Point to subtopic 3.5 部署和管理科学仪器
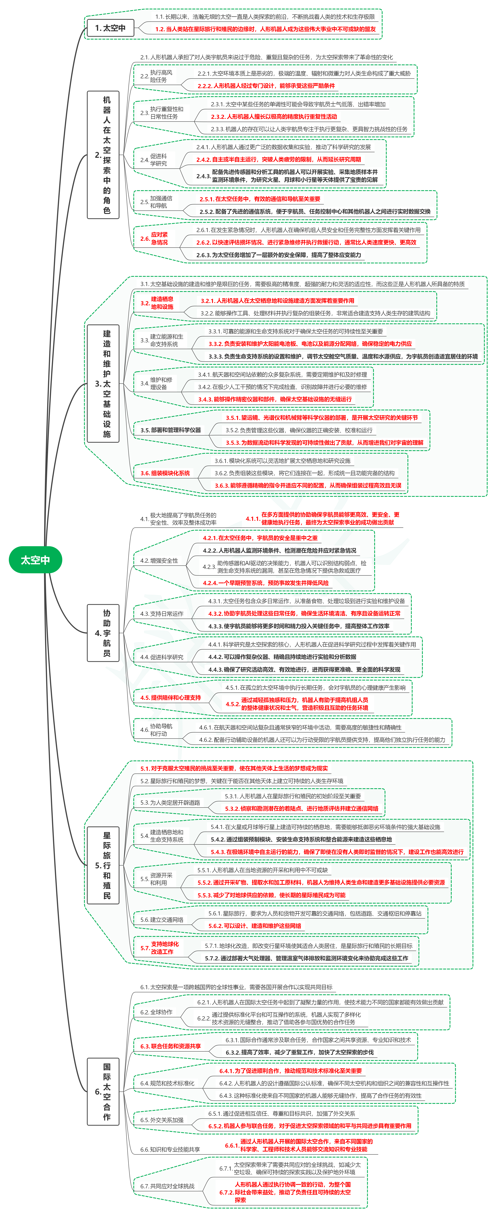pos(170,430)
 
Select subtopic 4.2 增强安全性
pos(159,560)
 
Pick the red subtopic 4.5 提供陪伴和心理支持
pos(170,697)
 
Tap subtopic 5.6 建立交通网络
pos(162,919)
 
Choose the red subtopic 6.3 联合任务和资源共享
pos(170,1046)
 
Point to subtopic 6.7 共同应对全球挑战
pos(167,1186)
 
